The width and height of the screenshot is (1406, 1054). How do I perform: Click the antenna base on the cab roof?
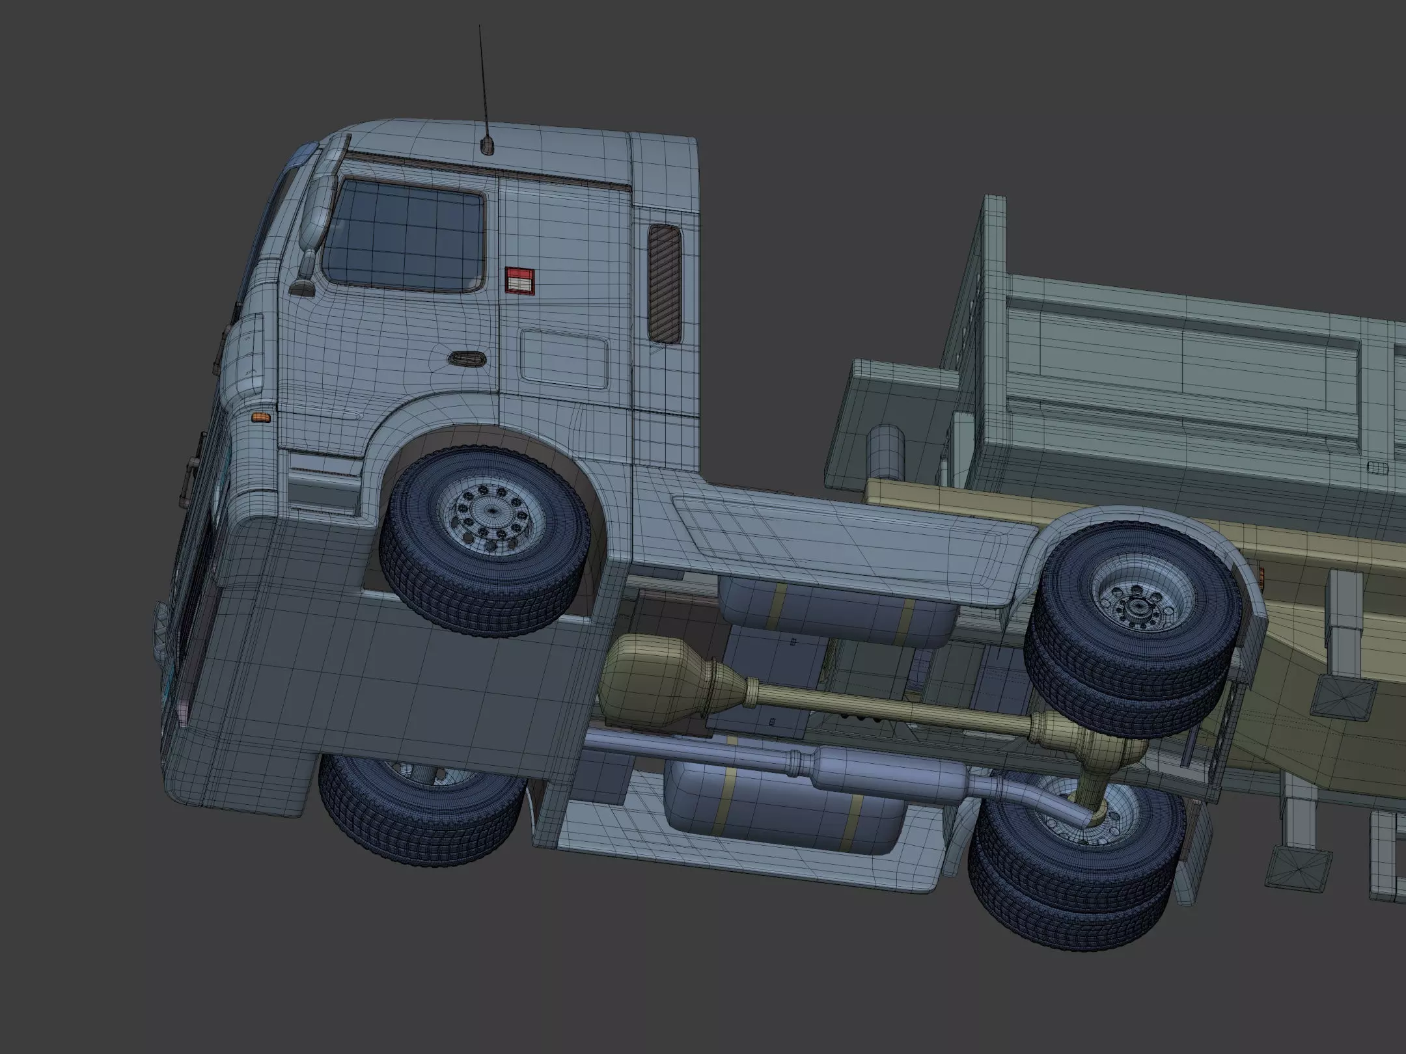tap(487, 146)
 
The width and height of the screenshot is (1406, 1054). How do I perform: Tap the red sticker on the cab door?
tap(519, 281)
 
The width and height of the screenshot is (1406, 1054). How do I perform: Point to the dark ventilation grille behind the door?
tap(665, 284)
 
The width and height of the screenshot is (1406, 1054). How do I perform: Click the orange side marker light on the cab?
tap(260, 416)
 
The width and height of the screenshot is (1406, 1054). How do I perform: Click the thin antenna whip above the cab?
tap(483, 78)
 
